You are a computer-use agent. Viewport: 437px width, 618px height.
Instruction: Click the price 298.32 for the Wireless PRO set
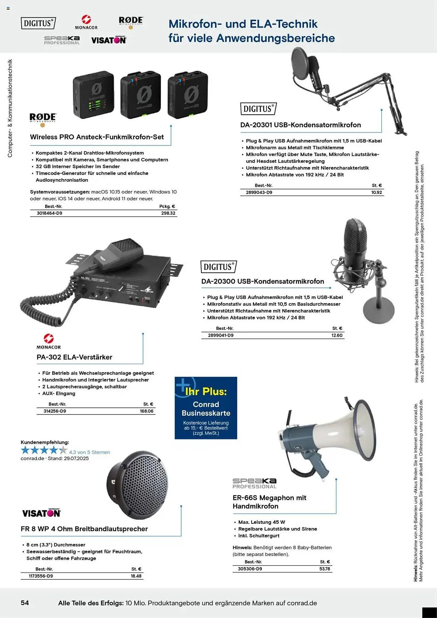pos(168,213)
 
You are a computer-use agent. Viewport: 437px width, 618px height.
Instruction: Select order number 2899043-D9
pos(259,193)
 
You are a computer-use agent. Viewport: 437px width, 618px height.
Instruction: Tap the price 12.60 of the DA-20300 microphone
pos(337,335)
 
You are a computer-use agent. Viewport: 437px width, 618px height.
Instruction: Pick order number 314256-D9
pos(55,411)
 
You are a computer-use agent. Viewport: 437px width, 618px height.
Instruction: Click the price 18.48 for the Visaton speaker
pos(136,576)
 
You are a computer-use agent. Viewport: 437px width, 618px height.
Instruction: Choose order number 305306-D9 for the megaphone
pos(250,569)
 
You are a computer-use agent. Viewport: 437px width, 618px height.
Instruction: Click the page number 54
pos(25,603)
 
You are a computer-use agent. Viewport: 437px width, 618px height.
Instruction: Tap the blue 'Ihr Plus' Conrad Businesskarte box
pos(206,408)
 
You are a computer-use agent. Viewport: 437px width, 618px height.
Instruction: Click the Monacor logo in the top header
pos(86,22)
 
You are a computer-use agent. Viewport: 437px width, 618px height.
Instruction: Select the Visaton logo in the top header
pos(109,40)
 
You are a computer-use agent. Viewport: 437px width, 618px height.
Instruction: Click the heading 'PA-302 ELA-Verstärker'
pos(74,357)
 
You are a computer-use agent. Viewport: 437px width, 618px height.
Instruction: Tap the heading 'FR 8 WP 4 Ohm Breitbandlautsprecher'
pos(84,529)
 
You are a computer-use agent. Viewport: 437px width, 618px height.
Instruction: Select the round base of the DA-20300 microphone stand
pos(379,312)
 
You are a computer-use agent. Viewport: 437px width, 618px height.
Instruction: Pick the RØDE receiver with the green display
pos(94,95)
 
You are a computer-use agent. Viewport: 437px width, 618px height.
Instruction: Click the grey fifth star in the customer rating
pos(63,450)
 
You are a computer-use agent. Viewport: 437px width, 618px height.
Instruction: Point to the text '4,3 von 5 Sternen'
pos(89,452)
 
